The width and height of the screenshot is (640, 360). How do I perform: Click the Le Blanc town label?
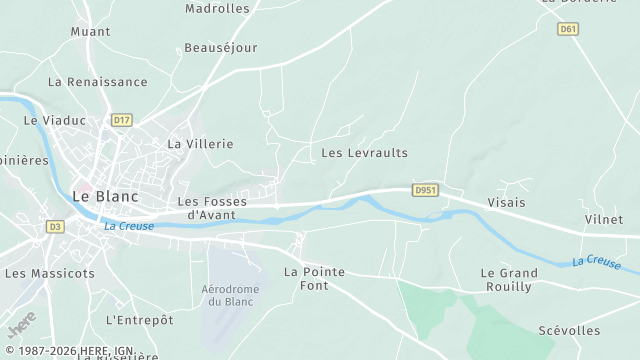point(104,197)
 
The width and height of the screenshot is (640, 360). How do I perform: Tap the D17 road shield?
point(122,120)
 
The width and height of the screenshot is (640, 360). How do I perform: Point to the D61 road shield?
point(569,29)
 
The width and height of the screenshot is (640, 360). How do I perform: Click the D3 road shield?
point(55,227)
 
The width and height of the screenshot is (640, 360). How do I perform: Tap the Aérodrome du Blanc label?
point(230,295)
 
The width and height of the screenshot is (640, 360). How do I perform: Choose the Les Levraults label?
point(364,153)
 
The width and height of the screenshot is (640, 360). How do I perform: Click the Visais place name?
point(506,201)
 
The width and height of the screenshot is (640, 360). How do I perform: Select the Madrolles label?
point(217,9)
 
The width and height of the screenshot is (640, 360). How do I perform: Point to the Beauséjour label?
point(221,47)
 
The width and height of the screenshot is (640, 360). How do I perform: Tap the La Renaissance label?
point(97,82)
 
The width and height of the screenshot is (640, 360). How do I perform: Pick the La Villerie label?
point(200,144)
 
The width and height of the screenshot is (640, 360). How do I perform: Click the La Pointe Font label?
point(314,278)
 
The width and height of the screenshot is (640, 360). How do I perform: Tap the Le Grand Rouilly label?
point(509,279)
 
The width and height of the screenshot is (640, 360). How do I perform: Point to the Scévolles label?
point(569,331)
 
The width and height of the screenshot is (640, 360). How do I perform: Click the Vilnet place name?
point(603,219)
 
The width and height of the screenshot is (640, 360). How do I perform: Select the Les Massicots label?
point(50,273)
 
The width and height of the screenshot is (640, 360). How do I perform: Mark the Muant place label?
point(90,32)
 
